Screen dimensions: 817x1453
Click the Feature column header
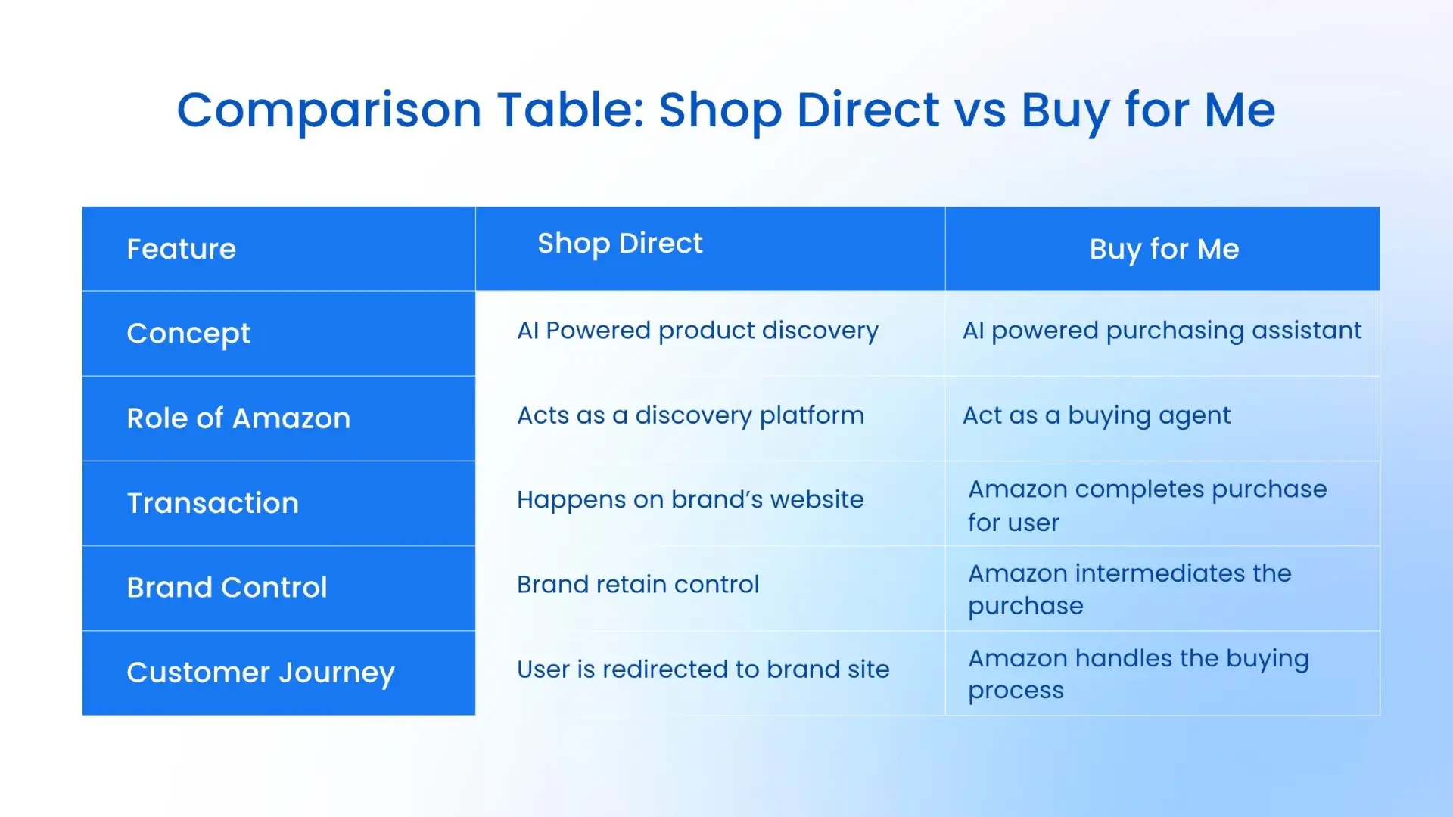pyautogui.click(x=182, y=249)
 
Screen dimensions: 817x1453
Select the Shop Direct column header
pyautogui.click(x=620, y=244)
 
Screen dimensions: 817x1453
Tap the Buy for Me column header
pyautogui.click(x=1164, y=249)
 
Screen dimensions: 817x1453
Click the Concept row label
pyautogui.click(x=188, y=334)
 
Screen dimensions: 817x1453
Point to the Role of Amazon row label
pyautogui.click(x=238, y=418)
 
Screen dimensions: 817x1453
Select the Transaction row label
pyautogui.click(x=213, y=503)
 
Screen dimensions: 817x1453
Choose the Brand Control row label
pyautogui.click(x=227, y=588)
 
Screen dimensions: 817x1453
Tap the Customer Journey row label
pyautogui.click(x=260, y=673)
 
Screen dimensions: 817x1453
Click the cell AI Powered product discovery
pyautogui.click(x=698, y=331)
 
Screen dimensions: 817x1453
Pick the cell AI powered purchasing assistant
pyautogui.click(x=1162, y=331)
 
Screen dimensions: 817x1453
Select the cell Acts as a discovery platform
pyautogui.click(x=690, y=415)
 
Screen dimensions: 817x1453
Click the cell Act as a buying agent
pyautogui.click(x=1097, y=415)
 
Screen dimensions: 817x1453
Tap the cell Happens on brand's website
pyautogui.click(x=690, y=500)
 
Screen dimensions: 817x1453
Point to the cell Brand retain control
pyautogui.click(x=638, y=585)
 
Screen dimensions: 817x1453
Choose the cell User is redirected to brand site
pyautogui.click(x=703, y=669)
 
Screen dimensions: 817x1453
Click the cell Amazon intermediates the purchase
pyautogui.click(x=1129, y=589)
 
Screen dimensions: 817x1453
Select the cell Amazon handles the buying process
pyautogui.click(x=1138, y=674)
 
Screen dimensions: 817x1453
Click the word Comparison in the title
pyautogui.click(x=328, y=110)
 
